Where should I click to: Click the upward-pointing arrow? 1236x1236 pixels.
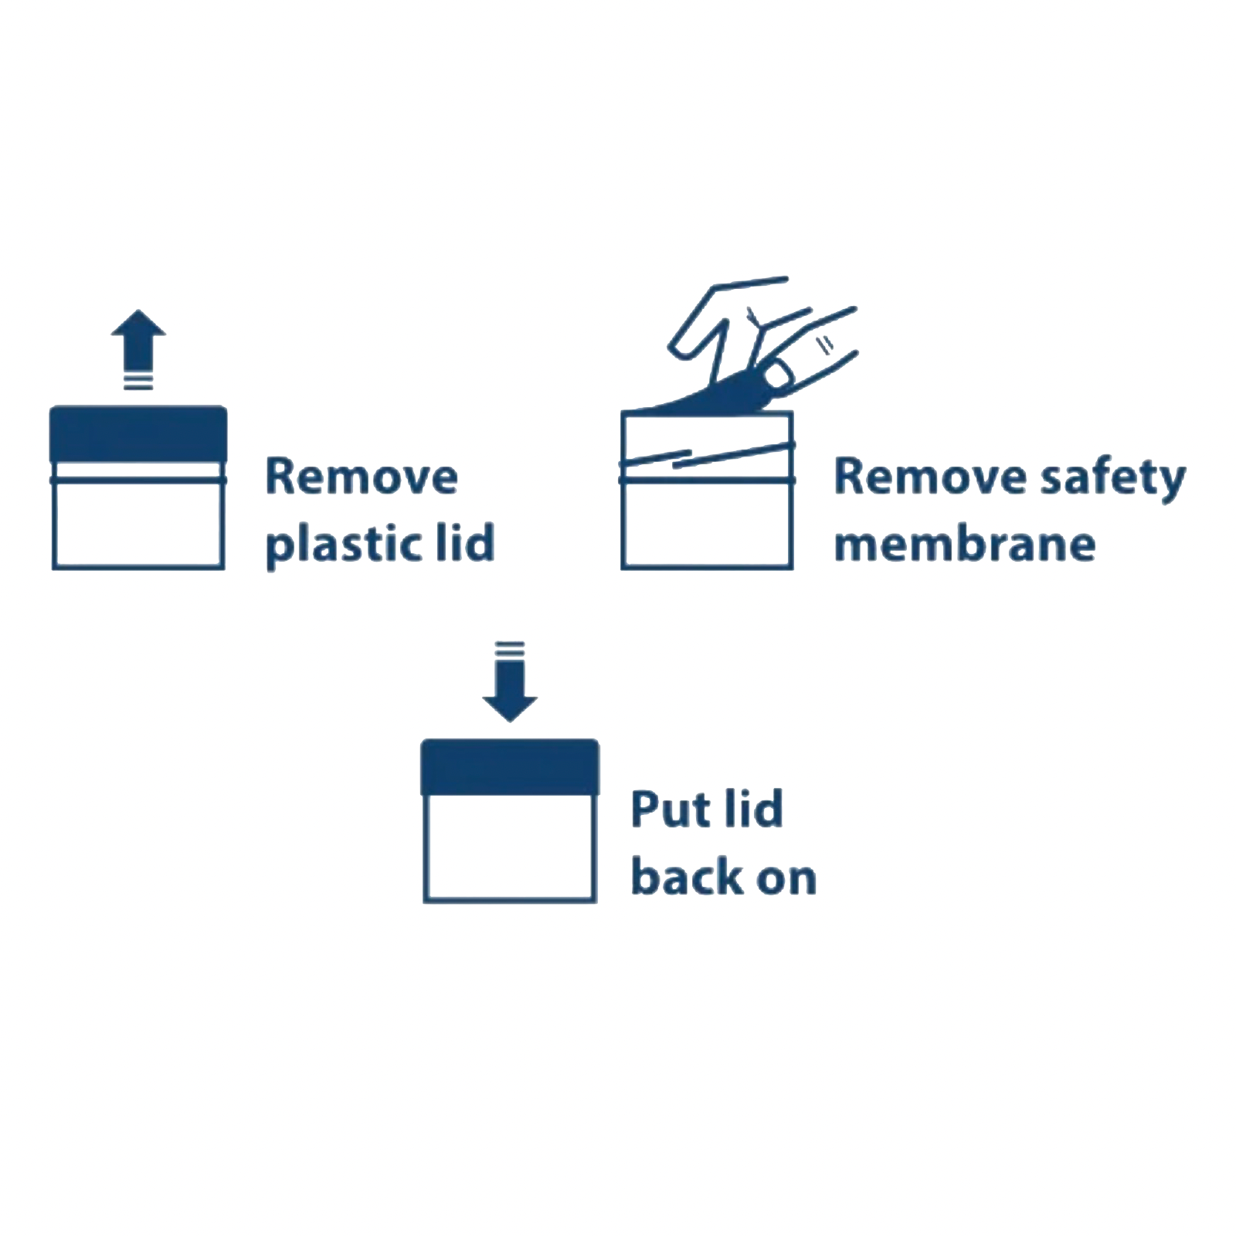138,340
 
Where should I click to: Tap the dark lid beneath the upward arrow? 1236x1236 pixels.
138,434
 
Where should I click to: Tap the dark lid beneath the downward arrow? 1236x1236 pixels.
510,767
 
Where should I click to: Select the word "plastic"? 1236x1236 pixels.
344,544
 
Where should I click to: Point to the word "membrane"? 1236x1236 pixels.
965,544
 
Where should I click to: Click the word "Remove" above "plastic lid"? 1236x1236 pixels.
362,477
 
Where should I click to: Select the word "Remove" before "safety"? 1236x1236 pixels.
930,477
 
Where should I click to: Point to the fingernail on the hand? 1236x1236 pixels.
779,376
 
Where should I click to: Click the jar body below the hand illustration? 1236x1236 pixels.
707,525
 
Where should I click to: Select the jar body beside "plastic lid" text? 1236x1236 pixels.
138,525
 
